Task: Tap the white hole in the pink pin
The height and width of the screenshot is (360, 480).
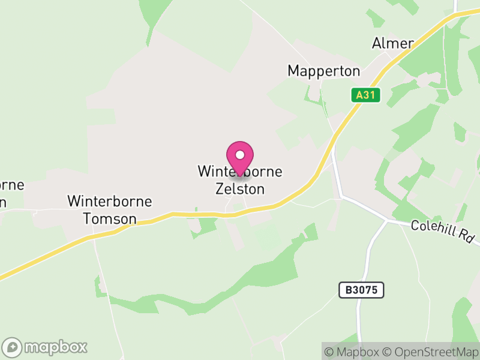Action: click(240, 155)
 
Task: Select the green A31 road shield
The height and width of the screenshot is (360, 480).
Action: click(366, 95)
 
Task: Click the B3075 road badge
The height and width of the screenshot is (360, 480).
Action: click(361, 290)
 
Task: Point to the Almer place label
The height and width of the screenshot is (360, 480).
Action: click(393, 43)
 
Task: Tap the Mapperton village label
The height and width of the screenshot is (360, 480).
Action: click(324, 71)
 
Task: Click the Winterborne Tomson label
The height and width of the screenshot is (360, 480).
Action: click(110, 209)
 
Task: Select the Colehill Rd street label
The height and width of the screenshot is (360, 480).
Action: click(443, 232)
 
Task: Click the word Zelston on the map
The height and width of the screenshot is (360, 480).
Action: click(240, 188)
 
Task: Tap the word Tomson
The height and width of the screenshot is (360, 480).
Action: click(110, 219)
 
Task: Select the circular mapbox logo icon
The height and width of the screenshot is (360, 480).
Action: click(13, 347)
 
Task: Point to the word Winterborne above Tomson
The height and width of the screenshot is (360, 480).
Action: click(110, 201)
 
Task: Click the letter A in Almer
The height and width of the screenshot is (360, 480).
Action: click(377, 43)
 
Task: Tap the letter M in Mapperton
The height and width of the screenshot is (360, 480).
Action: click(293, 71)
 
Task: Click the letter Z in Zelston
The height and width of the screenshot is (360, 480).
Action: click(220, 188)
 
